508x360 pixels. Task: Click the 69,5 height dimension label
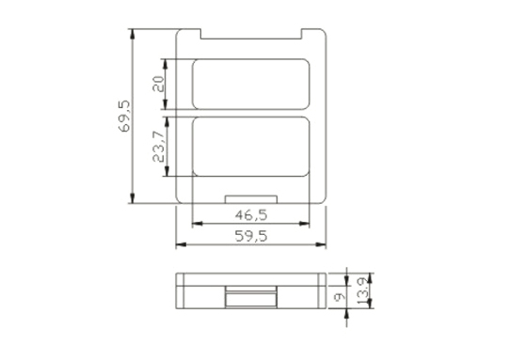point(124,117)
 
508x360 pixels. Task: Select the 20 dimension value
point(158,84)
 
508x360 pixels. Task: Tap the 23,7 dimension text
point(159,147)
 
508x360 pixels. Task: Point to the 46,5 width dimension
point(251,215)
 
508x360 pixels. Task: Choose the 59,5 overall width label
point(251,236)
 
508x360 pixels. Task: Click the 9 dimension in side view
point(340,297)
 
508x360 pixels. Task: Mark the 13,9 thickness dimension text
point(363,290)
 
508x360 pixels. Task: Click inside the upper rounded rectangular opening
point(251,85)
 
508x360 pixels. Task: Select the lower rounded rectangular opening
point(251,147)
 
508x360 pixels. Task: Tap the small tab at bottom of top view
point(251,199)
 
